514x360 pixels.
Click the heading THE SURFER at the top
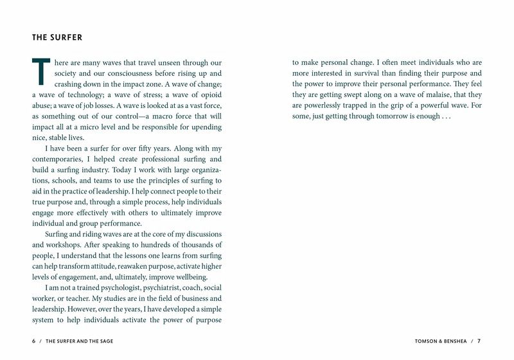click(57, 37)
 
